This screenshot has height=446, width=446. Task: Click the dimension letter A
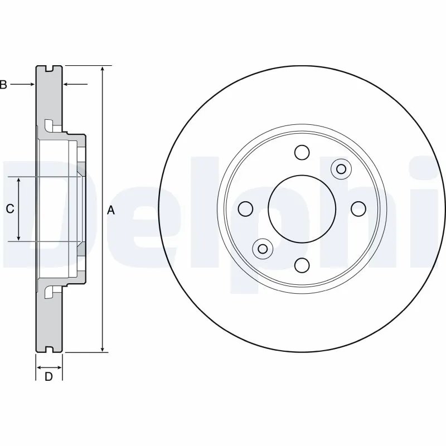(x=110, y=210)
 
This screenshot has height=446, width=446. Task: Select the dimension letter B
(x=3, y=85)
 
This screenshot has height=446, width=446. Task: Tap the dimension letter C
(x=9, y=209)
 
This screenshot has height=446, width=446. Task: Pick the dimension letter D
(x=49, y=377)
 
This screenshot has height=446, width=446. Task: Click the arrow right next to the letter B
(x=22, y=84)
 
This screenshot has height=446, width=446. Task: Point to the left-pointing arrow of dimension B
(x=75, y=84)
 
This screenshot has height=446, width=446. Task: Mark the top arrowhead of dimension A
(x=103, y=69)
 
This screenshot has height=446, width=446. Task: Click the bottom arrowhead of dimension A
(x=103, y=348)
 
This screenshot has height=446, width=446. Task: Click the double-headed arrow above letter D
(x=49, y=367)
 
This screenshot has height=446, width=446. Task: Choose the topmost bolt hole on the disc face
(x=302, y=152)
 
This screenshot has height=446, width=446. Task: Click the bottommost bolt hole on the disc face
(x=302, y=265)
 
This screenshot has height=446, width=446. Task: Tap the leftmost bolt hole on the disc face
(x=245, y=209)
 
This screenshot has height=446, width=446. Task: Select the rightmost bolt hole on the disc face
(x=358, y=209)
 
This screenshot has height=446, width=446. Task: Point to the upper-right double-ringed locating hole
(x=341, y=169)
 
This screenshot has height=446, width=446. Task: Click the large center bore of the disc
(x=302, y=209)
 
